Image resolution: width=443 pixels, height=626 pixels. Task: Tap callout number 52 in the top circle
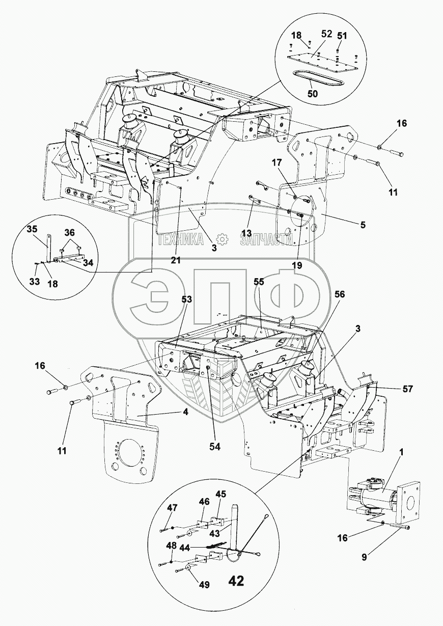click(326, 34)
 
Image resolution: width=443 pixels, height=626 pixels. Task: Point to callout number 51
click(342, 35)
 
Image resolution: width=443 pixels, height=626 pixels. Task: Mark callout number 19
click(297, 265)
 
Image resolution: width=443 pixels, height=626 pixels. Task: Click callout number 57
click(407, 389)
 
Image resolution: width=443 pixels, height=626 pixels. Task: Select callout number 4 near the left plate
click(186, 412)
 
